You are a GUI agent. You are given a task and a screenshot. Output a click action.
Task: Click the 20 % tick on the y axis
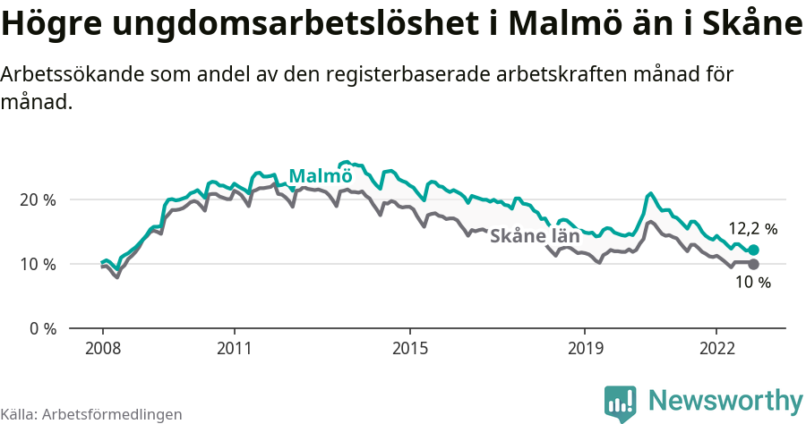(37, 199)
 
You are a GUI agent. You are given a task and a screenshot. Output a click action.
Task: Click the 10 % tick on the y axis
(37, 264)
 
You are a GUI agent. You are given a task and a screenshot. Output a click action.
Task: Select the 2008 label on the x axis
(103, 347)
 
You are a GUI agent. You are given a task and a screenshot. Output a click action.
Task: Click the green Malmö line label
(320, 175)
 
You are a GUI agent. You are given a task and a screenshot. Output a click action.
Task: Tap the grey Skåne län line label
(535, 237)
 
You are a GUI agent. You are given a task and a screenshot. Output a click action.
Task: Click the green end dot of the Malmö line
(753, 250)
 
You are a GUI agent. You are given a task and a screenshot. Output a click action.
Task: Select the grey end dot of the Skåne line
(753, 264)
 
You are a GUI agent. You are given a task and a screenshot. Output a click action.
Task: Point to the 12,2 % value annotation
(751, 229)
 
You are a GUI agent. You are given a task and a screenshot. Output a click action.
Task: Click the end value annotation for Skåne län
(752, 283)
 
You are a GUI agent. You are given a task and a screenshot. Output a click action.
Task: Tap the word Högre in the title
(52, 25)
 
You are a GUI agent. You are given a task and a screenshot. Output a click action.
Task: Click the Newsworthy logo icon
(621, 403)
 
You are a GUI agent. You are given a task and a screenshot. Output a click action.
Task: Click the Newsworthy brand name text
(725, 400)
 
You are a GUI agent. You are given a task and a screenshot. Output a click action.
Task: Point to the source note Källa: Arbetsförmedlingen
(91, 414)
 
